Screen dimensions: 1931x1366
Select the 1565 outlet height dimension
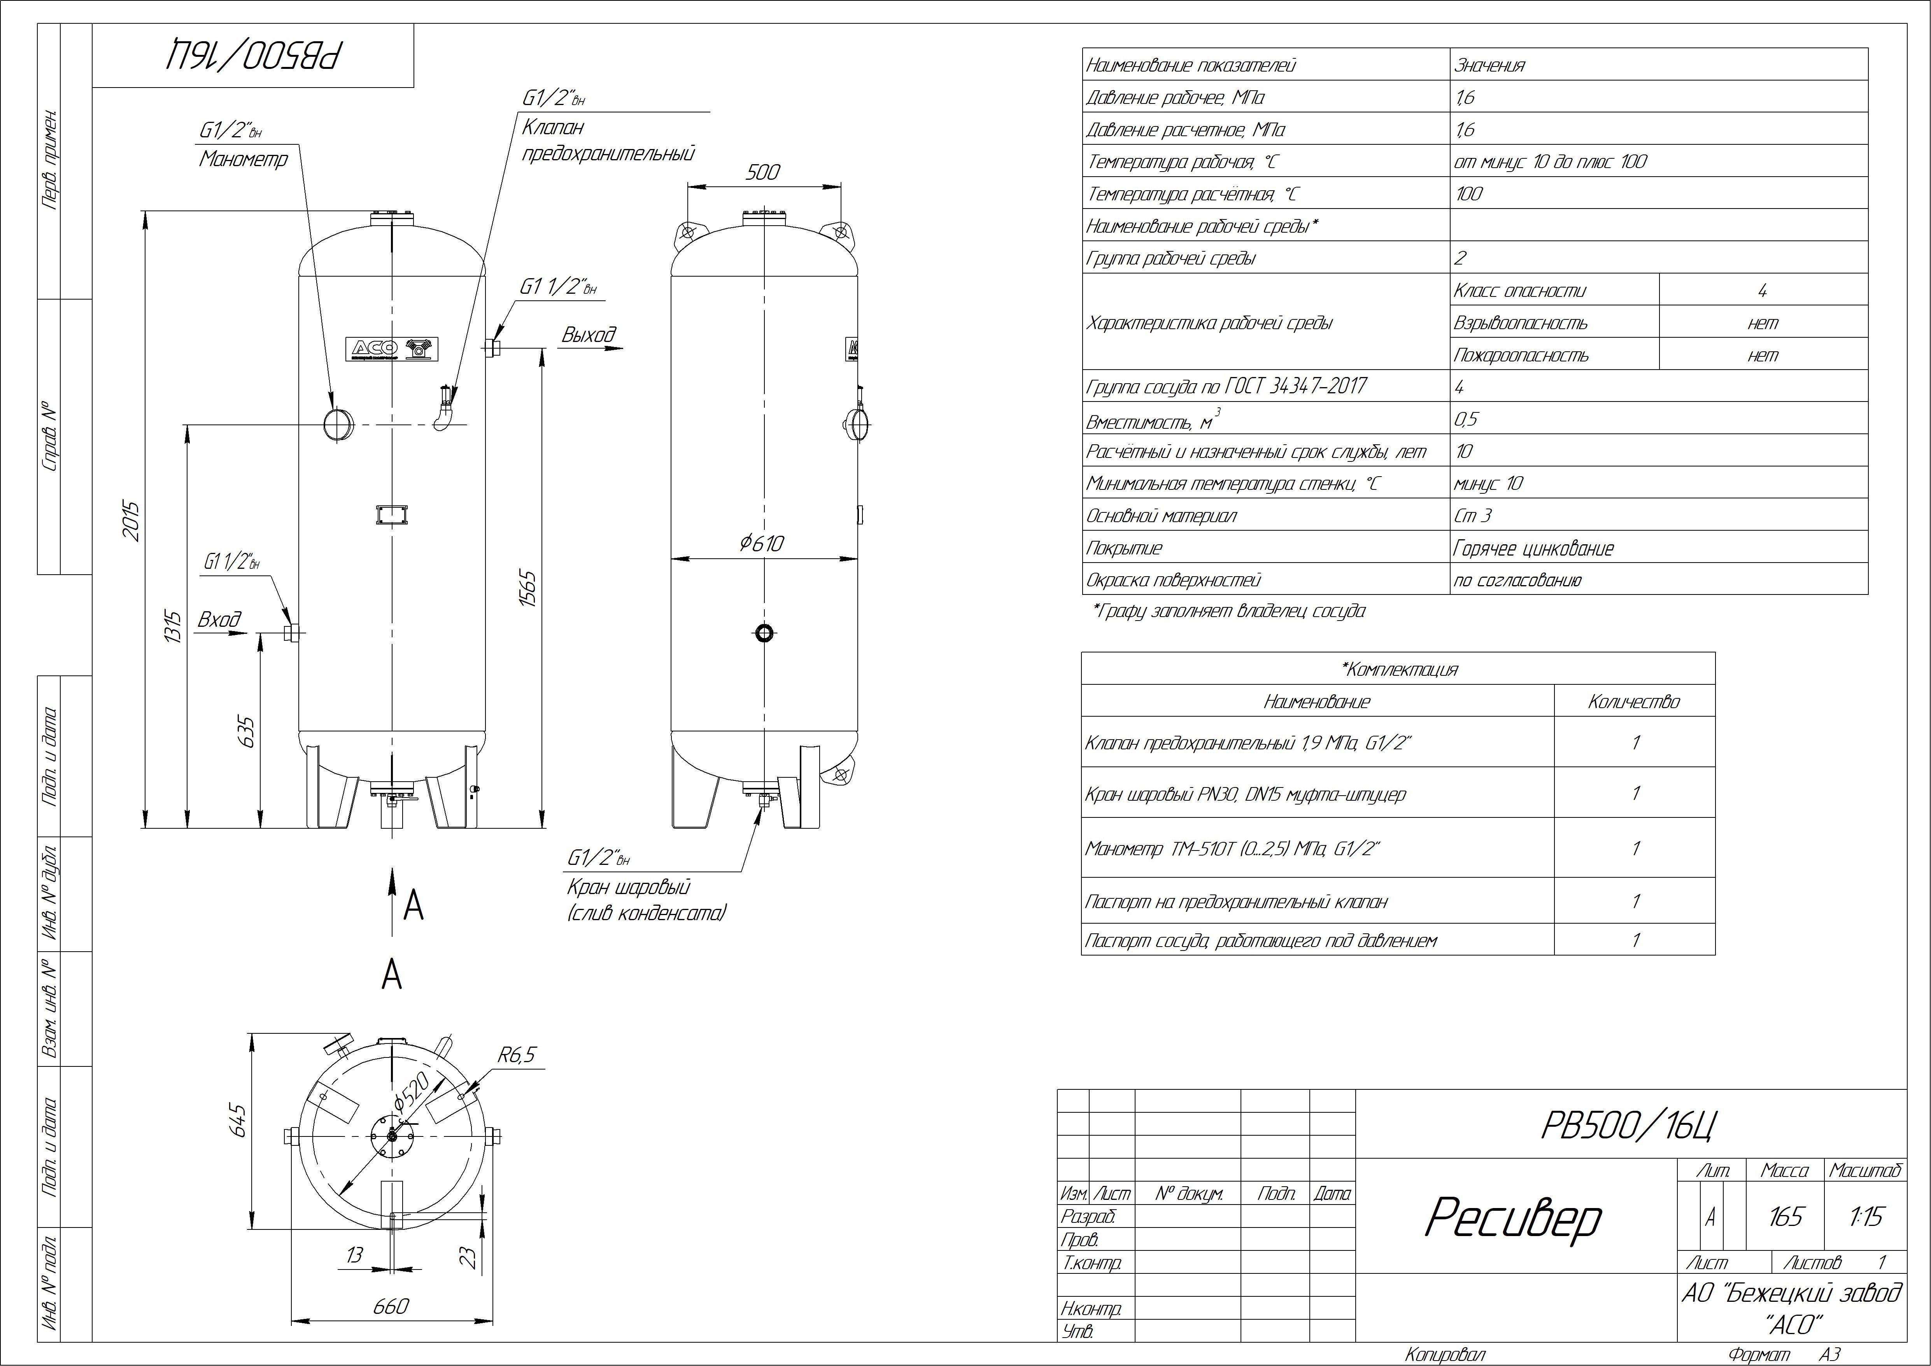527,589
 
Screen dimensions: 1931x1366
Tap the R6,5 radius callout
516,1055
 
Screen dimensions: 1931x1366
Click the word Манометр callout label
243,159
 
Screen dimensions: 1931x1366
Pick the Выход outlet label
589,335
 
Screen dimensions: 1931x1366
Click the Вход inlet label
219,620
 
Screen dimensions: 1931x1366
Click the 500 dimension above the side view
763,172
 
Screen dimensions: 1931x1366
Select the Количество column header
1633,701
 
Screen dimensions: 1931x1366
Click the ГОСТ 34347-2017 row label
1226,387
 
